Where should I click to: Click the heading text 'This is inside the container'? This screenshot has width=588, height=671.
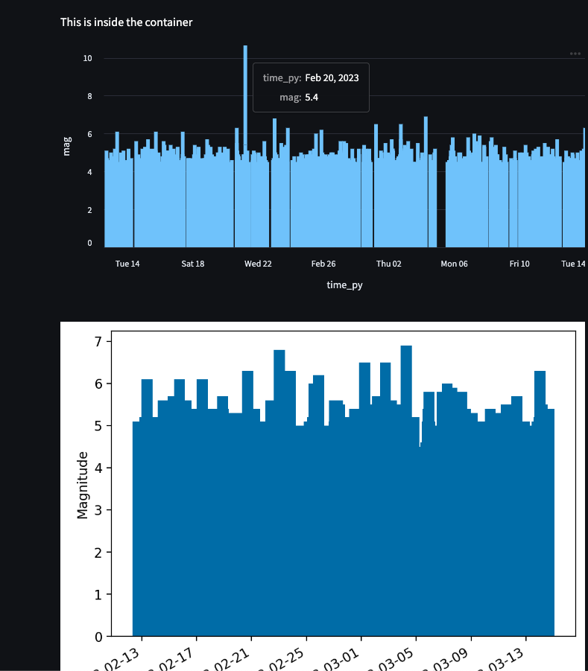(x=126, y=22)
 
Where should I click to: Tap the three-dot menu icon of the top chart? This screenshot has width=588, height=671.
(x=575, y=54)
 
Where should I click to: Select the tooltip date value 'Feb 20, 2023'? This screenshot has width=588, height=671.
(x=332, y=78)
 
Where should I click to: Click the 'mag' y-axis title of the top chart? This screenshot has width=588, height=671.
(x=67, y=145)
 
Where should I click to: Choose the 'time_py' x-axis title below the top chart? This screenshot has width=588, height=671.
(x=344, y=284)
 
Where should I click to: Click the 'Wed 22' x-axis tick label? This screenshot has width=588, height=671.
(x=258, y=264)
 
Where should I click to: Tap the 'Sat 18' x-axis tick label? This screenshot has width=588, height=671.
(x=192, y=264)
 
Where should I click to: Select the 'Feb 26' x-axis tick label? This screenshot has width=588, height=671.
(x=323, y=264)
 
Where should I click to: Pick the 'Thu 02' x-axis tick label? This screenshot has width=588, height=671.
(x=388, y=264)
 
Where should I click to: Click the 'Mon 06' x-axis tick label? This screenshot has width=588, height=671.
(x=454, y=264)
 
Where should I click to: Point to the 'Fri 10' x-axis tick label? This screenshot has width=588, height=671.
(x=519, y=264)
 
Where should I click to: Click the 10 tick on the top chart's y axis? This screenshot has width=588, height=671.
(x=87, y=58)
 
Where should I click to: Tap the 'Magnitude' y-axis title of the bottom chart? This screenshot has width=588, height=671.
(x=82, y=485)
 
